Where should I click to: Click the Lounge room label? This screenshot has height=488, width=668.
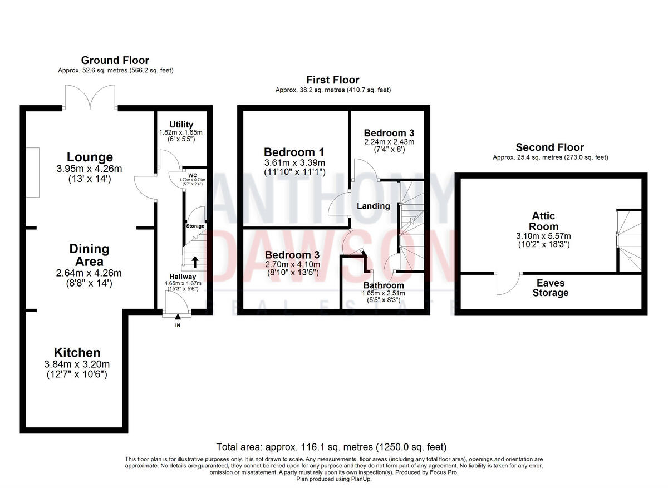click(x=90, y=157)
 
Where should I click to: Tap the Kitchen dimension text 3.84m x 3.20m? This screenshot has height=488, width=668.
click(x=77, y=364)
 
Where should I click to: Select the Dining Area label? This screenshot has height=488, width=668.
click(x=89, y=255)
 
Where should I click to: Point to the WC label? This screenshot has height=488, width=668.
click(x=193, y=175)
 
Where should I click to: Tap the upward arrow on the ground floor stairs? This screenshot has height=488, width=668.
click(x=195, y=261)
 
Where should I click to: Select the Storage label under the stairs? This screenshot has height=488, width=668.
click(x=195, y=226)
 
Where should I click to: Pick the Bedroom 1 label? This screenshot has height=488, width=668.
click(x=294, y=152)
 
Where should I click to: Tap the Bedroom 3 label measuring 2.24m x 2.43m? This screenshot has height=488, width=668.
click(x=389, y=133)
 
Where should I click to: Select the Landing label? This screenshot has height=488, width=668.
click(x=373, y=206)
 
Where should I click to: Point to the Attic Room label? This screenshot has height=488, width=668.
click(x=543, y=221)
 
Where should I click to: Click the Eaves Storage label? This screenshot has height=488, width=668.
click(x=551, y=288)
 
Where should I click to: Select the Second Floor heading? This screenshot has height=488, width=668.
click(x=549, y=147)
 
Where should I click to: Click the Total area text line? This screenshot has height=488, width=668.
click(x=331, y=447)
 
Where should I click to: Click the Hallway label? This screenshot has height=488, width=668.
click(x=183, y=277)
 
